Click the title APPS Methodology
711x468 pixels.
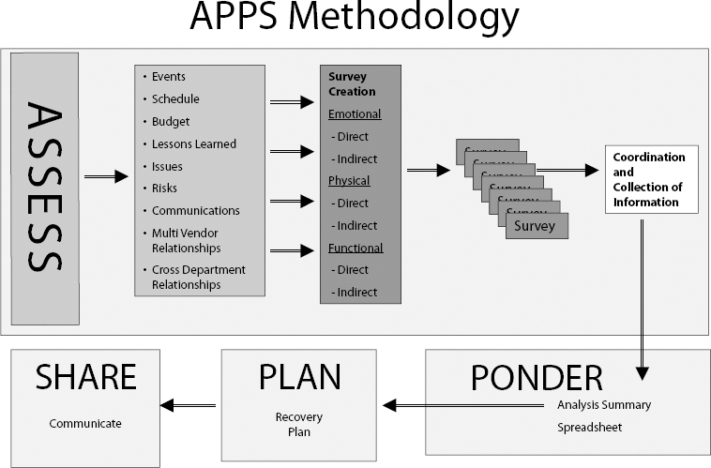click(354, 18)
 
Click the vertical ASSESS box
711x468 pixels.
click(44, 188)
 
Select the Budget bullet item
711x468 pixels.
click(170, 122)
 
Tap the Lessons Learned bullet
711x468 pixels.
click(193, 144)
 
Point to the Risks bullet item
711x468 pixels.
click(164, 189)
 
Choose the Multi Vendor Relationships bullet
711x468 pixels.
click(186, 241)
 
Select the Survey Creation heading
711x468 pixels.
click(352, 84)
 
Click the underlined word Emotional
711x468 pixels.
click(355, 114)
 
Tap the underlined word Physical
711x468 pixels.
click(349, 181)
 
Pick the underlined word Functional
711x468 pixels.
click(355, 249)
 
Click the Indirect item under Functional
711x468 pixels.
click(355, 293)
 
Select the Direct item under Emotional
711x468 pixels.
click(352, 137)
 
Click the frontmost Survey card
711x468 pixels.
click(536, 226)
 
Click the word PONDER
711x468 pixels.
click(536, 376)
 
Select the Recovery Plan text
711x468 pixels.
click(292, 425)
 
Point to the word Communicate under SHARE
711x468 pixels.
click(85, 424)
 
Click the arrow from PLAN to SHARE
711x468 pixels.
click(189, 405)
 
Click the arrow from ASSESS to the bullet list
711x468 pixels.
click(105, 175)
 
